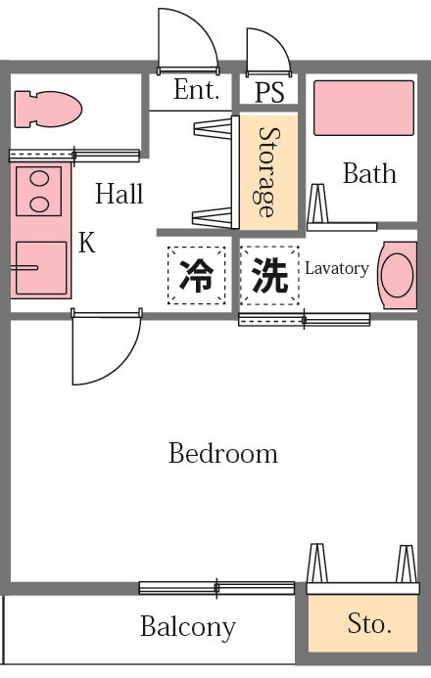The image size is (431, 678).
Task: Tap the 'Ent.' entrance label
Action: click(x=195, y=90)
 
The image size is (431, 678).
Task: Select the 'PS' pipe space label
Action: click(x=269, y=92)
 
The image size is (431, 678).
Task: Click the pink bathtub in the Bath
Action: click(x=363, y=108)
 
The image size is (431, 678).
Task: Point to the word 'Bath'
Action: click(x=369, y=174)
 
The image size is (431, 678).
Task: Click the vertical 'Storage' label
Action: click(x=265, y=172)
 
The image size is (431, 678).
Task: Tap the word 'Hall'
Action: click(x=119, y=194)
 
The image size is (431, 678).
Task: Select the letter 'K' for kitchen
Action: click(x=87, y=244)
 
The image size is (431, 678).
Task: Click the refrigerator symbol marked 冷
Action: click(x=196, y=276)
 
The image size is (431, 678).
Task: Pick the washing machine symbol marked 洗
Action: click(x=269, y=276)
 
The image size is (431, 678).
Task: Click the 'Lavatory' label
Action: click(x=336, y=268)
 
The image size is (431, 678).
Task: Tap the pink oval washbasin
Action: click(x=398, y=275)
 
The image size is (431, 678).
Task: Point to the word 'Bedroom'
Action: click(x=222, y=454)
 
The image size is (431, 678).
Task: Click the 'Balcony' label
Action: click(x=187, y=627)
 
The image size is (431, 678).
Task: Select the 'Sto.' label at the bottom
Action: click(x=369, y=624)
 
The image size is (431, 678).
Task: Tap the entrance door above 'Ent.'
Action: click(x=186, y=40)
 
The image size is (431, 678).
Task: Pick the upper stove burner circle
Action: click(x=40, y=180)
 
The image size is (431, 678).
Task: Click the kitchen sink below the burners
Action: click(x=40, y=267)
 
